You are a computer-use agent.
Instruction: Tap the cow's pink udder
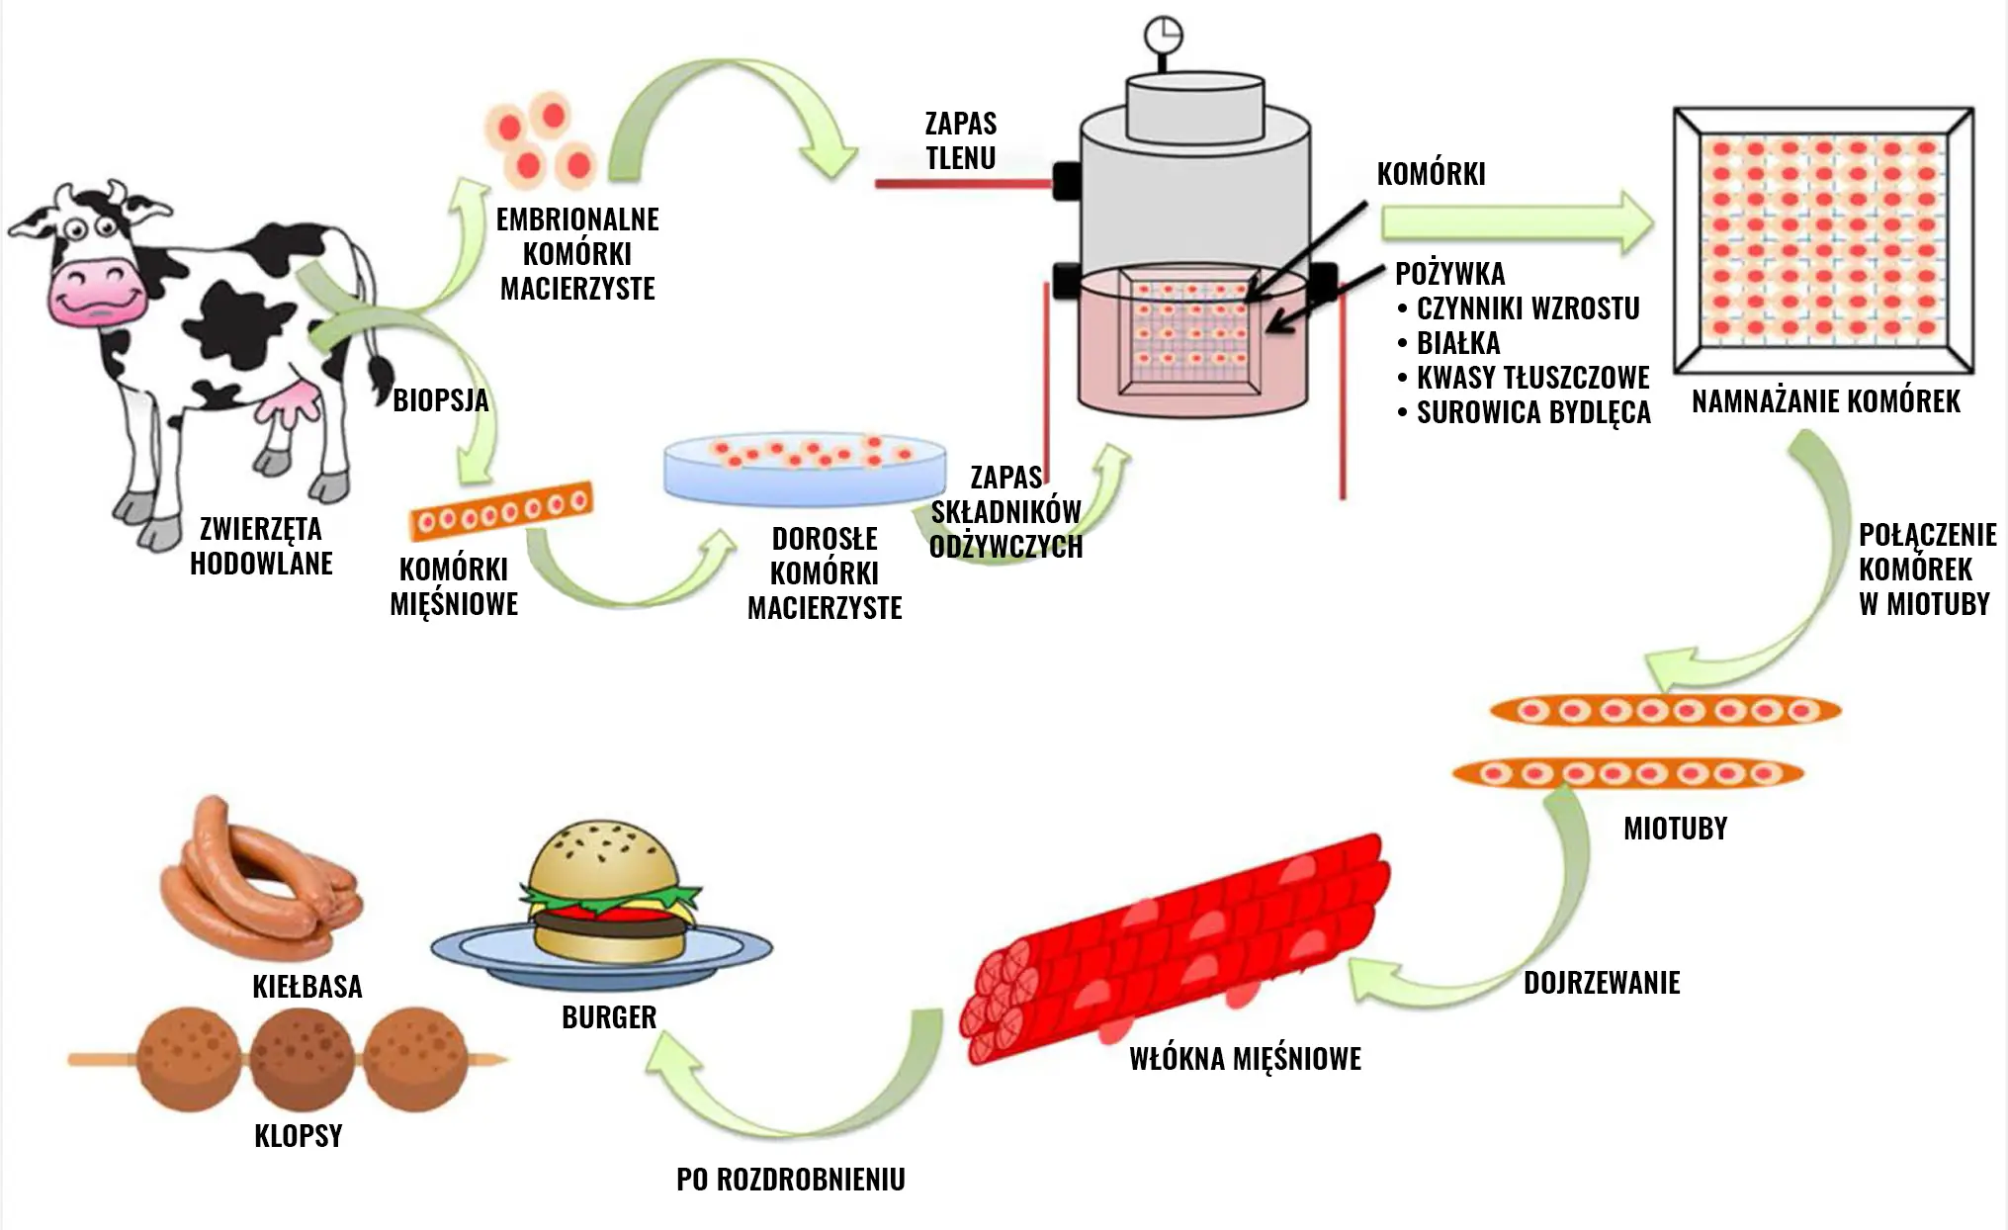(292, 405)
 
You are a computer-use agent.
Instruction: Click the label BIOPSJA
(440, 400)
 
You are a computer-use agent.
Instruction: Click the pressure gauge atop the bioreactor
(1164, 37)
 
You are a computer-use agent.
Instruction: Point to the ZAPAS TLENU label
(960, 140)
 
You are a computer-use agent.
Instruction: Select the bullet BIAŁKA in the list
(1458, 343)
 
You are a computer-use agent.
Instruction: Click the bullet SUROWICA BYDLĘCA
(1532, 412)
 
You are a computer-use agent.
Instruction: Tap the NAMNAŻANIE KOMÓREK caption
(1825, 401)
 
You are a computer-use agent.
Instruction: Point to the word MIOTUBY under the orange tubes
(1675, 828)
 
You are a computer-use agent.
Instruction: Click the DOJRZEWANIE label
(1601, 983)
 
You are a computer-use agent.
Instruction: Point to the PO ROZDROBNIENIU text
(790, 1179)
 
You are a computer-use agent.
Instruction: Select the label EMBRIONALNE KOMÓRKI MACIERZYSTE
(577, 254)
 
